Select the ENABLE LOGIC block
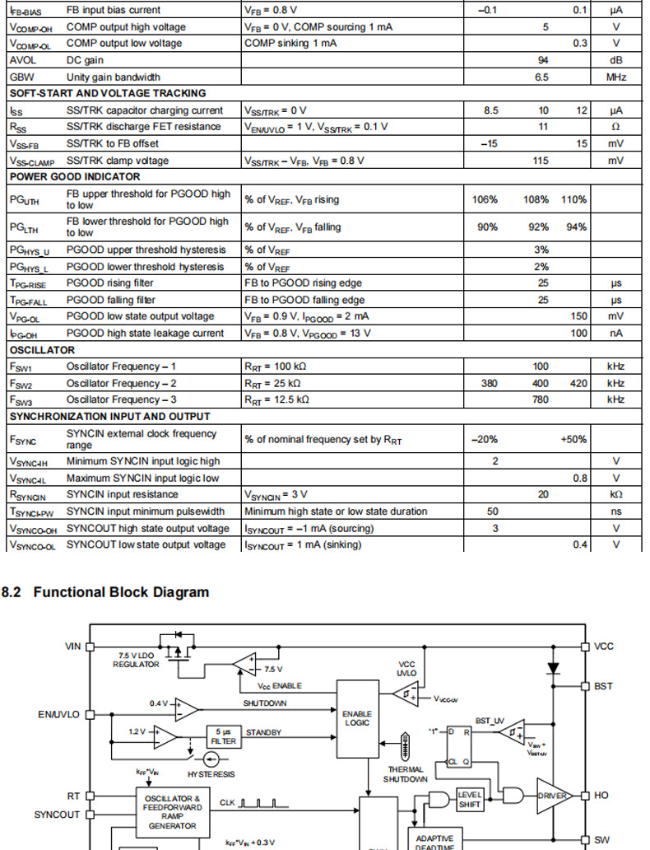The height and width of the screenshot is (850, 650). coord(358,718)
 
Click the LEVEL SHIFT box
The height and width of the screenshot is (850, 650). coord(469,799)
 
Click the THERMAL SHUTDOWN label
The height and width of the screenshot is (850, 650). coord(405,774)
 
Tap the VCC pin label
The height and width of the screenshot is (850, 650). coord(605,647)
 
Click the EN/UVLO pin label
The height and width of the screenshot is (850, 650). coord(58,714)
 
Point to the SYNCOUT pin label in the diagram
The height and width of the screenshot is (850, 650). coord(57,815)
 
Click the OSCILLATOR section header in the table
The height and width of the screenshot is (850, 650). coord(42,350)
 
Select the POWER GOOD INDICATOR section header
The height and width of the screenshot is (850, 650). coord(75,176)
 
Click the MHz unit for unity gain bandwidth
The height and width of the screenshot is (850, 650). coord(616,77)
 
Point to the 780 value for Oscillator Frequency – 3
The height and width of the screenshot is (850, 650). coord(541,400)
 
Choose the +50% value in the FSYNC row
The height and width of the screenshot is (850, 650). coord(574,439)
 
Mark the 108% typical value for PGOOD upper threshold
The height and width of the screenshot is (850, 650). coord(535,200)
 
